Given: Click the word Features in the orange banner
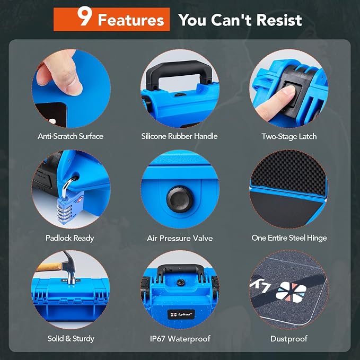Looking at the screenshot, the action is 131,20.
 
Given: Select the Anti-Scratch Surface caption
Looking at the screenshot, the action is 71,136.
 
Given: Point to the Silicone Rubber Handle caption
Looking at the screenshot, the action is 179,136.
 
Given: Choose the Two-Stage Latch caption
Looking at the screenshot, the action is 289,137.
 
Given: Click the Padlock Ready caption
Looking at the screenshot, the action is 70,238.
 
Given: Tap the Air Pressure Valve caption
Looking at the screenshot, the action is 180,238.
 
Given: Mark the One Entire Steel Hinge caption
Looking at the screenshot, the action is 289,238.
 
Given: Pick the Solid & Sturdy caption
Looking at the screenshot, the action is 71,339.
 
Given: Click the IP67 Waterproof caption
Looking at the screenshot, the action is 180,338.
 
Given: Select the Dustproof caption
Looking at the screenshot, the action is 289,339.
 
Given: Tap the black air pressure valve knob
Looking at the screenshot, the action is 180,199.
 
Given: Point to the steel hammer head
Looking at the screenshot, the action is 70,267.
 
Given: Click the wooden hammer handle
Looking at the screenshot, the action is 49,267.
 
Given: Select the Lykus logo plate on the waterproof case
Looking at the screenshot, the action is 181,314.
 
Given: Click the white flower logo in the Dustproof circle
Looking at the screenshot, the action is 291,292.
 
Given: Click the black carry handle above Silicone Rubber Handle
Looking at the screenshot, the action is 179,72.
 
